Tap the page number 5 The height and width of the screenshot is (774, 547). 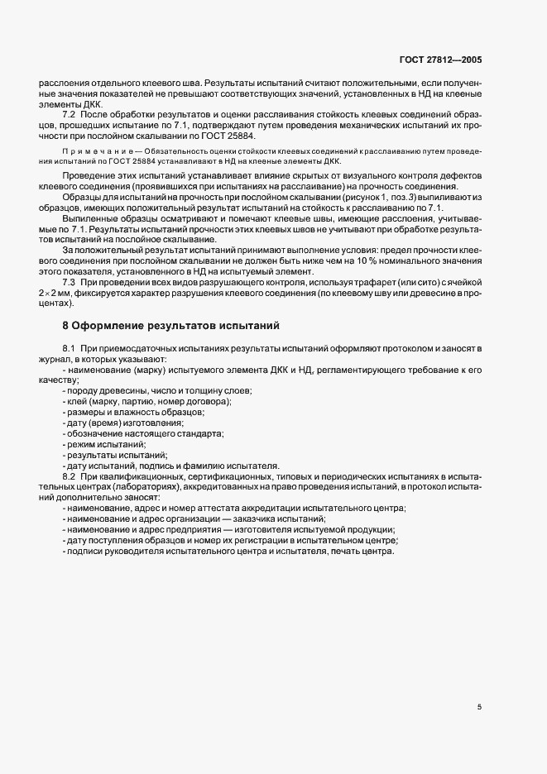(x=480, y=708)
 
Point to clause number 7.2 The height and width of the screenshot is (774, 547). (x=70, y=113)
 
